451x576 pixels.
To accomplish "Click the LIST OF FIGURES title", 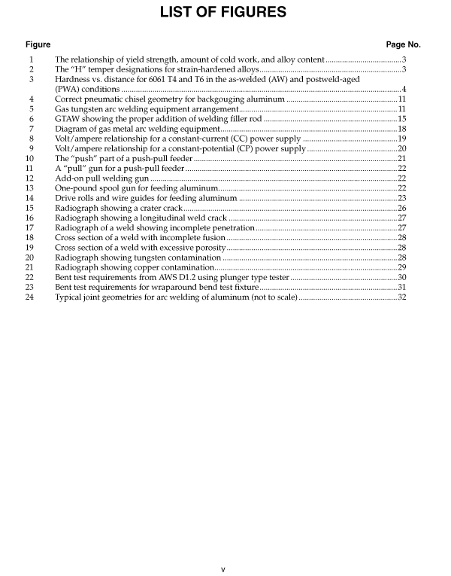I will (224, 12).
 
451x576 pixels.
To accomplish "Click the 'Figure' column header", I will (38, 45).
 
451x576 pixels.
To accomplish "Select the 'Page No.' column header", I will (403, 45).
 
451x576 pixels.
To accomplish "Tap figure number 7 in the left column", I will (32, 129).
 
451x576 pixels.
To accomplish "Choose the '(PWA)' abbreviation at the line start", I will (68, 89).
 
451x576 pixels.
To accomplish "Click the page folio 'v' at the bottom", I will (223, 568).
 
